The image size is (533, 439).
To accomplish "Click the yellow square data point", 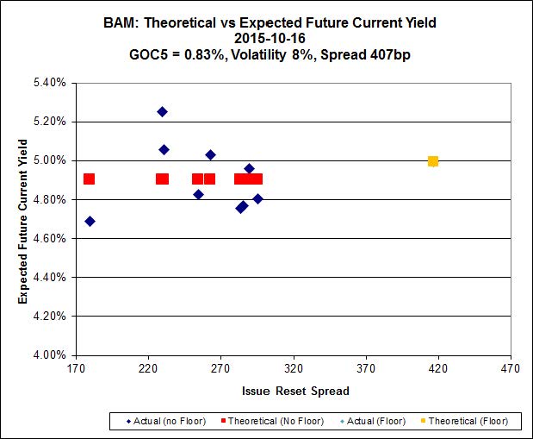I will coord(433,161).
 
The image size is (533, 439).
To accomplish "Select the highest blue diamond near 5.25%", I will coord(162,111).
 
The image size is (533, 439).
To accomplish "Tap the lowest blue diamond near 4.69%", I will coord(90,221).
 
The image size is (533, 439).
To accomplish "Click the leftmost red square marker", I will coord(89,179).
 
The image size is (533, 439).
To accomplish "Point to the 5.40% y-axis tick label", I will coord(49,83).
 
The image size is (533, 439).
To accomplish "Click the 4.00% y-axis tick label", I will coord(49,354).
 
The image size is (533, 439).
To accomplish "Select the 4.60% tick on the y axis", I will coord(49,238).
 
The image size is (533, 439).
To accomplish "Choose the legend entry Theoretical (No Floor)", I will coord(275,421).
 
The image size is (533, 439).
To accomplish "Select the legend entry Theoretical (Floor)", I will coord(468,421).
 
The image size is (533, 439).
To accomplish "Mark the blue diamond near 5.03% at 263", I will coord(210,154).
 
